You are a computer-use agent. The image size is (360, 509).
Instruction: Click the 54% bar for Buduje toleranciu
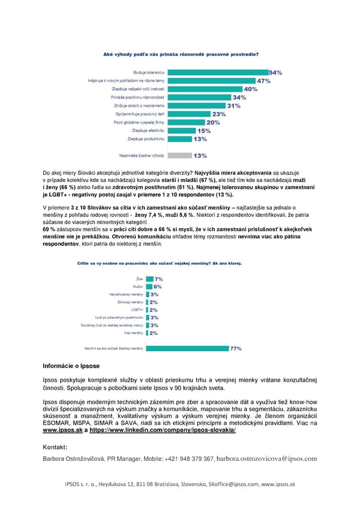(x=217, y=72)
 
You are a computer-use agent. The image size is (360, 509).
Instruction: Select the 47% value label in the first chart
(x=264, y=80)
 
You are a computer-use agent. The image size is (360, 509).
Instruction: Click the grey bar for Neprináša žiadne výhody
(x=178, y=155)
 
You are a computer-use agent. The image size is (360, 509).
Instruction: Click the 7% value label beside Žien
(x=159, y=279)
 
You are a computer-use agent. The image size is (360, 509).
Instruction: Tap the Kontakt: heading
(x=55, y=447)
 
